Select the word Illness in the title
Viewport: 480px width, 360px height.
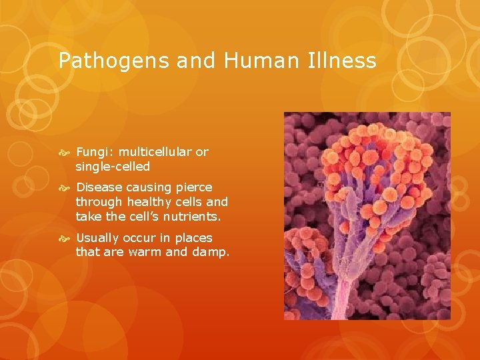(344, 61)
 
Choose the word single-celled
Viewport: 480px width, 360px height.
(113, 166)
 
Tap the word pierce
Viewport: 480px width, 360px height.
(192, 187)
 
